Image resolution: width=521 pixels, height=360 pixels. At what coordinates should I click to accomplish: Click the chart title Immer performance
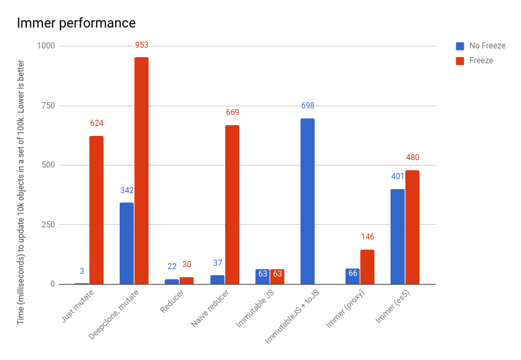76,23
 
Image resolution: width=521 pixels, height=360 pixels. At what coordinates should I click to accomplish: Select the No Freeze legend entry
487,46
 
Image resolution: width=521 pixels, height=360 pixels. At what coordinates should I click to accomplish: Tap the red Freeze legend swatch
460,61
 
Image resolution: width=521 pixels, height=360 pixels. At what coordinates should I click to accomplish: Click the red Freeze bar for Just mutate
96,210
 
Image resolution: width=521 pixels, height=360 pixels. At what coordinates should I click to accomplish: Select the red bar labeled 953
141,171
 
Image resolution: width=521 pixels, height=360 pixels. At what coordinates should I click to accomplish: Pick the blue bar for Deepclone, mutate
126,243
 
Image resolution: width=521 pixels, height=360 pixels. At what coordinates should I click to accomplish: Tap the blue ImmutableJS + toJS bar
307,201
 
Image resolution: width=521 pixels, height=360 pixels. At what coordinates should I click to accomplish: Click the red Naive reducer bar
232,205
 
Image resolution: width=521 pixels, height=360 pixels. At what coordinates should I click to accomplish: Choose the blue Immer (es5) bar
397,236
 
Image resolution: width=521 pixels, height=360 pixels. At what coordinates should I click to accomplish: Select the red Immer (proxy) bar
367,266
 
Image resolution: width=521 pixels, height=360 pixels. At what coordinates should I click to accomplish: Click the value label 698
307,106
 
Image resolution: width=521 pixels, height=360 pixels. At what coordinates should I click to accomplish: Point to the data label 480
412,157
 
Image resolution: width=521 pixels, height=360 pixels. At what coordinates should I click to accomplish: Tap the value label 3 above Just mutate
82,271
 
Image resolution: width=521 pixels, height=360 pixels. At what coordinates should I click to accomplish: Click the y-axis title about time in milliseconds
21,192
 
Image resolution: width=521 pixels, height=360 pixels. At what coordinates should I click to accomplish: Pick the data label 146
367,237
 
